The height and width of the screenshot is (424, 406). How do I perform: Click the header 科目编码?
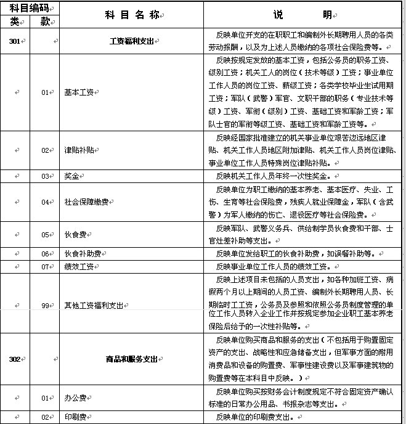(x=28, y=8)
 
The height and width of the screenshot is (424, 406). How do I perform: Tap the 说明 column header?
(x=302, y=14)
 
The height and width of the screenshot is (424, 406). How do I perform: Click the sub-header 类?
(x=15, y=21)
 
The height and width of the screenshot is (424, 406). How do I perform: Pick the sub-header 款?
(x=44, y=21)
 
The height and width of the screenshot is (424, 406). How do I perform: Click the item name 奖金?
(x=71, y=176)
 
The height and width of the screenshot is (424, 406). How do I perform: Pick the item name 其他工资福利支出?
(x=94, y=304)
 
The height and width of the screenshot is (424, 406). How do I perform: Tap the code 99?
(x=44, y=304)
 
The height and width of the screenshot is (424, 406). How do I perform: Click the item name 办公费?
(x=74, y=397)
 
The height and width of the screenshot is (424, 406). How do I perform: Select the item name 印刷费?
(x=74, y=417)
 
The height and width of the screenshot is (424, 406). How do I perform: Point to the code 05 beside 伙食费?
(x=44, y=235)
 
